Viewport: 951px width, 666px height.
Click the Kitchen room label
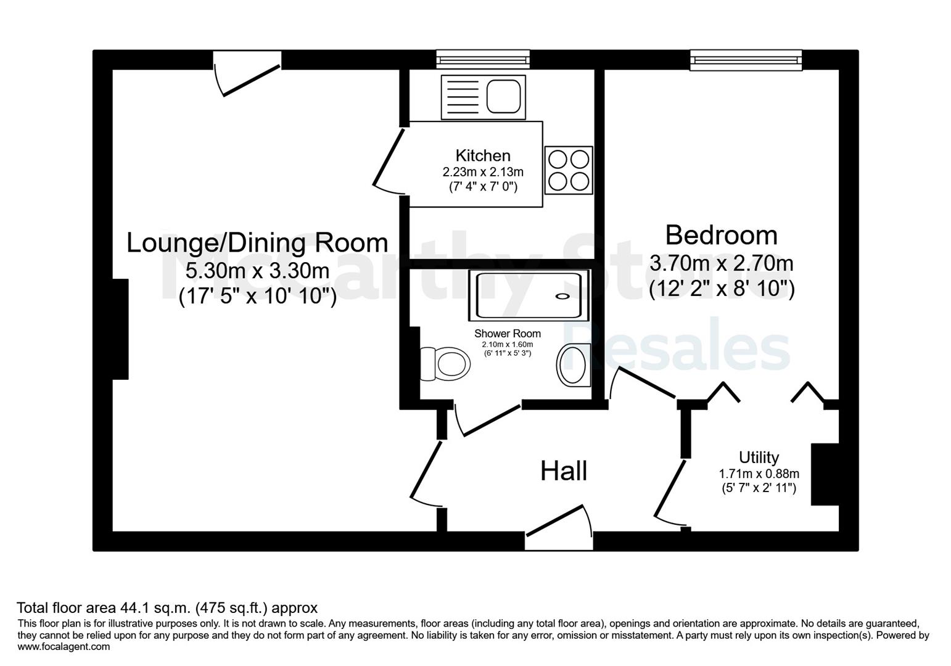click(x=483, y=156)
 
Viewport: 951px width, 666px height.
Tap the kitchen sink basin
click(x=503, y=97)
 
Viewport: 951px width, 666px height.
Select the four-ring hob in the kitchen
click(x=569, y=170)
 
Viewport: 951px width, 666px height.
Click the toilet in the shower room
click(x=445, y=364)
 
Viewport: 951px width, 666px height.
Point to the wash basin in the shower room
click(x=574, y=365)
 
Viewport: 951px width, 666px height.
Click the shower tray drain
click(x=562, y=296)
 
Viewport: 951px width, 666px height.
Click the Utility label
click(x=759, y=457)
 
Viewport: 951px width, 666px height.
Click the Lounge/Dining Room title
click(x=257, y=243)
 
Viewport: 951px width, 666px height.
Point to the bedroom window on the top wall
click(x=746, y=60)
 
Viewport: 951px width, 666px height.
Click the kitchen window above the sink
click(x=483, y=59)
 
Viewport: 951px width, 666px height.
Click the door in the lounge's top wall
click(x=247, y=73)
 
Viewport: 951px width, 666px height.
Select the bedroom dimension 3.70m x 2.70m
click(x=722, y=263)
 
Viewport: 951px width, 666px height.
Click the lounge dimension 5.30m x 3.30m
click(x=257, y=271)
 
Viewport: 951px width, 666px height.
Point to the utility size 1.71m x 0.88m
click(x=759, y=473)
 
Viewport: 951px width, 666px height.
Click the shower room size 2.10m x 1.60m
click(x=508, y=344)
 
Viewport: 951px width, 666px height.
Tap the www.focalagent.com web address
click(x=64, y=646)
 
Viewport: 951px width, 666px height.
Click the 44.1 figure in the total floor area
click(x=134, y=608)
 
